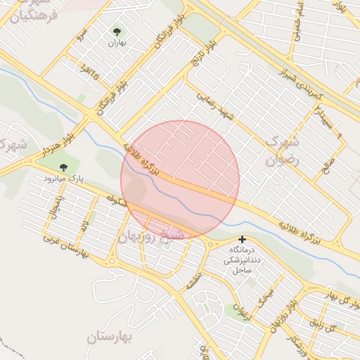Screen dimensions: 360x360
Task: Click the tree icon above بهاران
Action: (x=117, y=32)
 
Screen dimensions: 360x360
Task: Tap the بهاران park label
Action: (x=117, y=43)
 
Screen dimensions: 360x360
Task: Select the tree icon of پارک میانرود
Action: (x=64, y=167)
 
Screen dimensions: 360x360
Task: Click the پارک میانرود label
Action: (x=64, y=179)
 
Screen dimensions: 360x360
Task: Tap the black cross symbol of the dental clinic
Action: (x=243, y=239)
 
